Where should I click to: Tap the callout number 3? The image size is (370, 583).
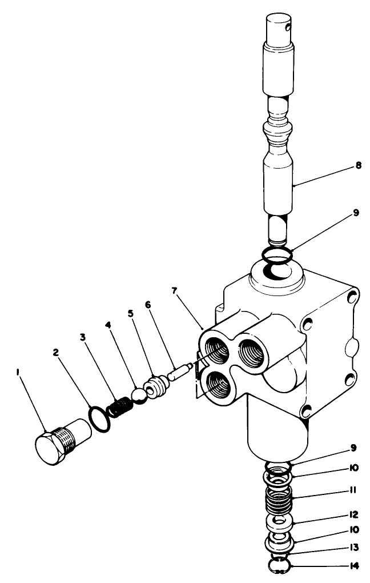click(x=83, y=338)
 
